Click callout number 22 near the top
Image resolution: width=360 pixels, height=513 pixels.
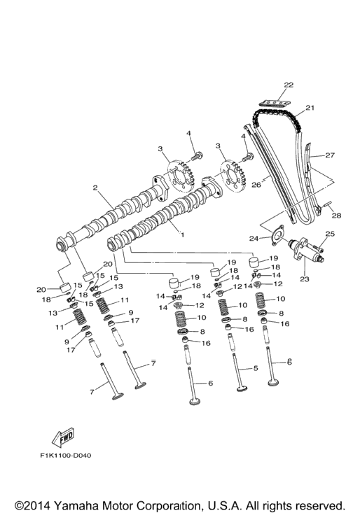point(289,85)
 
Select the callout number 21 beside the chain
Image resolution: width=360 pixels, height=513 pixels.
point(310,107)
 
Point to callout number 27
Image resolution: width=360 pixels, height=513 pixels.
point(330,155)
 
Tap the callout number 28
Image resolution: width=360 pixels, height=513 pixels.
point(336,216)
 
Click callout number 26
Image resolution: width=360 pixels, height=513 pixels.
point(256,185)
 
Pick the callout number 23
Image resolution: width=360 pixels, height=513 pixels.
point(305,279)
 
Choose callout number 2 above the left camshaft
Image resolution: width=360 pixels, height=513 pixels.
point(95,188)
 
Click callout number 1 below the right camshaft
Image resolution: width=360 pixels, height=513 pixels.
point(182,234)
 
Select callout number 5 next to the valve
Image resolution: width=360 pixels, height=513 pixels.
point(256,368)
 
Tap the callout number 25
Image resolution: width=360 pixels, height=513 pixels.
point(330,234)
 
